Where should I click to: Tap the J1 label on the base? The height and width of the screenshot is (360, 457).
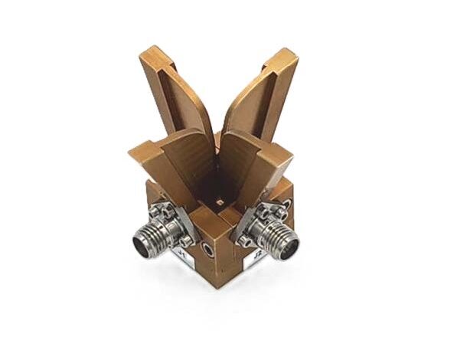coord(184,250)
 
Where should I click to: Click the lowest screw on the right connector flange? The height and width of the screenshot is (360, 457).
coord(246,241)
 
